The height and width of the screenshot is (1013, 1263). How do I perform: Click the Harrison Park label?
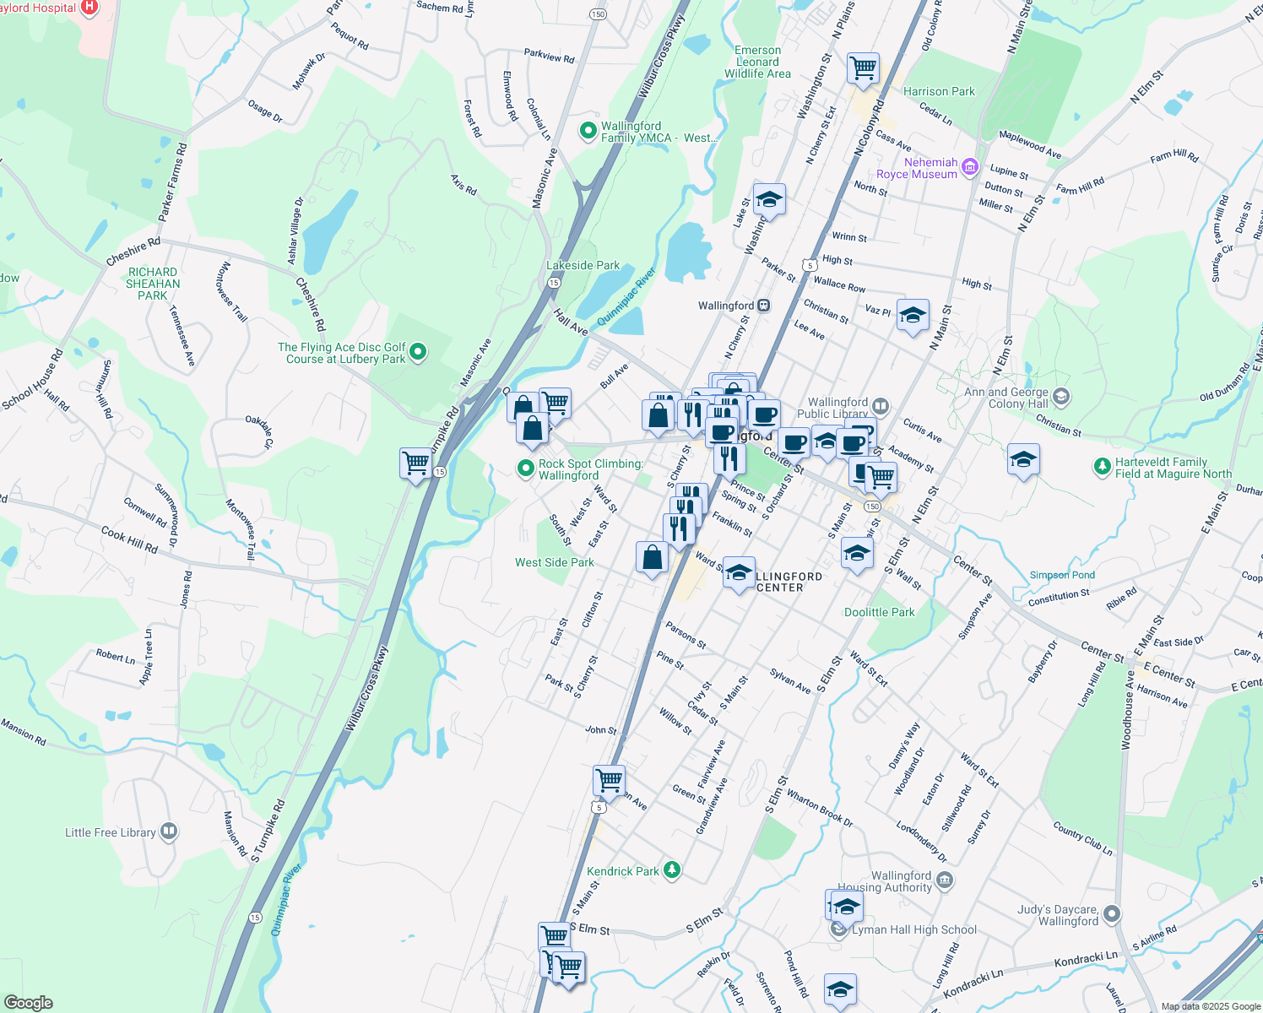tap(939, 91)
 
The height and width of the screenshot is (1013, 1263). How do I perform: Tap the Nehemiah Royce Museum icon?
tap(969, 167)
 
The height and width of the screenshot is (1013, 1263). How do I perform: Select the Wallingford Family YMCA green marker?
tap(588, 131)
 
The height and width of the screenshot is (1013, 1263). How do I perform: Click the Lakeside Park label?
tap(583, 265)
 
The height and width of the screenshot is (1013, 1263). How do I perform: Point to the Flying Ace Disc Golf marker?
tap(418, 352)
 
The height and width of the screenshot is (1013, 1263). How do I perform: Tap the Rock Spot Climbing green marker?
tap(526, 468)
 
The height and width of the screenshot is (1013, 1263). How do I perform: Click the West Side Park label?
tap(555, 562)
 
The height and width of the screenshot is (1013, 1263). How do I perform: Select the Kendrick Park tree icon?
tap(672, 869)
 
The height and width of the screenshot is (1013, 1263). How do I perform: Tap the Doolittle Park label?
tap(879, 612)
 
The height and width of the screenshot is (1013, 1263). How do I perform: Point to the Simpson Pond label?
tap(1061, 575)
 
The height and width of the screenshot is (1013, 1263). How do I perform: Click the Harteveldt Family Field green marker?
tap(1102, 466)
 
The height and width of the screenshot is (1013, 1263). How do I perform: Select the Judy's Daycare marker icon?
tap(1112, 914)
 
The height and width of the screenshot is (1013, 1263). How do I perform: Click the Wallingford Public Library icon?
tap(881, 407)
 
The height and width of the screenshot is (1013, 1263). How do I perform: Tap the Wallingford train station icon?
tap(763, 306)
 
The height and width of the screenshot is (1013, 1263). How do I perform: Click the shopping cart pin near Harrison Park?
tap(863, 68)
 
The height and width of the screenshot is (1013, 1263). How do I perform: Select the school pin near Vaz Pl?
tap(913, 316)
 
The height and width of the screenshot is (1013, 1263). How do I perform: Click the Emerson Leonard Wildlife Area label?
tap(757, 62)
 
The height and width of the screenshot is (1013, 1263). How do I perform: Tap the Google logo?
tap(29, 1002)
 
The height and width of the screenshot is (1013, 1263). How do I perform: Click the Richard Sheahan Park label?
tap(153, 284)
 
